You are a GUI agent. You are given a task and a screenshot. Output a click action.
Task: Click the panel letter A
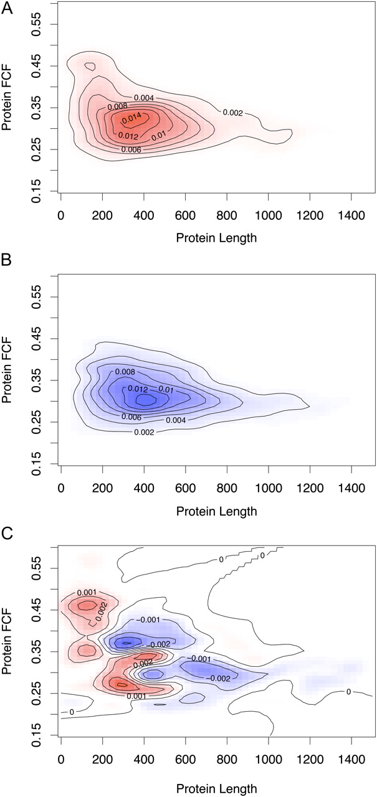click(7, 7)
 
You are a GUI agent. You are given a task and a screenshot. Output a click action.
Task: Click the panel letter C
click(7, 534)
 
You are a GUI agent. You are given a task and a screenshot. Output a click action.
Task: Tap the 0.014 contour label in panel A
click(131, 118)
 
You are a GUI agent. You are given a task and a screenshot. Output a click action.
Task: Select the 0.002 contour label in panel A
click(233, 113)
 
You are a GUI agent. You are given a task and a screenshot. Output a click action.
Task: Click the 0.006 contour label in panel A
click(131, 150)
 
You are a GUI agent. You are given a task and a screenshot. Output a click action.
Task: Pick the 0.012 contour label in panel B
click(138, 389)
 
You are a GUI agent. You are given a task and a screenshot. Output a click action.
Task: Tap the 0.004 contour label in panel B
click(176, 420)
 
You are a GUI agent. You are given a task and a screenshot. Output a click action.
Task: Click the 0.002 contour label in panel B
click(144, 432)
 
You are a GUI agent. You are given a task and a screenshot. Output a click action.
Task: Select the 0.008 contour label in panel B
click(125, 372)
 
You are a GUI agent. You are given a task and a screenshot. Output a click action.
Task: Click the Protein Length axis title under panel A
click(216, 238)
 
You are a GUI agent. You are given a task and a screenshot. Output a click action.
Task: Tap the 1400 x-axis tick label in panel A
click(351, 215)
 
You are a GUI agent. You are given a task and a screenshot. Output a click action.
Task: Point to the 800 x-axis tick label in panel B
click(227, 488)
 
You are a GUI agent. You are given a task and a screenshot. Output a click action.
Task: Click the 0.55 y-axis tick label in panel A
click(37, 24)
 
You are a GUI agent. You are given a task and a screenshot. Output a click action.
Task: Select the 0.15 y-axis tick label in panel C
click(37, 735)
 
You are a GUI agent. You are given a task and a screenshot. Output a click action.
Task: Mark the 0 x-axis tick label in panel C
click(61, 760)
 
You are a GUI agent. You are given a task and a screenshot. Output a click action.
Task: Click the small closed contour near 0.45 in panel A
click(90, 66)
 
